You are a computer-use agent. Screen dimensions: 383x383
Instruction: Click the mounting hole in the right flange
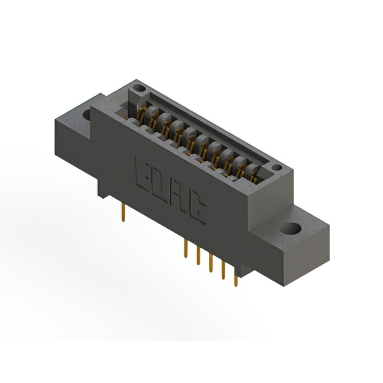tap(292, 229)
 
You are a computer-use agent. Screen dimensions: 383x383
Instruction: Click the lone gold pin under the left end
tap(123, 210)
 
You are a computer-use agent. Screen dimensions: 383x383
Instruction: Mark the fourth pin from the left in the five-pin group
tap(223, 271)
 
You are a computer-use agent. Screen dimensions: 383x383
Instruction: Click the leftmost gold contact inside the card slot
tap(142, 113)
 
